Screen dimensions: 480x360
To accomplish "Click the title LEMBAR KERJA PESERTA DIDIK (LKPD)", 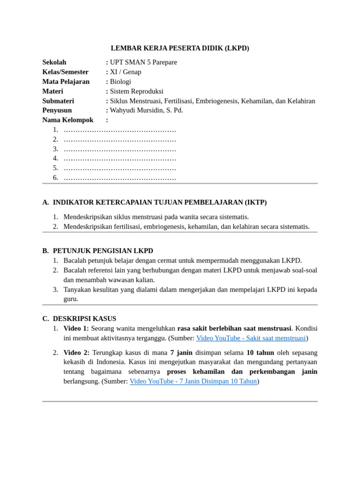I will [180, 48].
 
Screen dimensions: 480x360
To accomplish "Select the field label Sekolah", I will [54, 62].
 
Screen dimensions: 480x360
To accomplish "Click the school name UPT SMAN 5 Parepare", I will [143, 62].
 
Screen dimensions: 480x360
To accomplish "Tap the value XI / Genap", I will [126, 72].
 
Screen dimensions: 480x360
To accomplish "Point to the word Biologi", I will [120, 82].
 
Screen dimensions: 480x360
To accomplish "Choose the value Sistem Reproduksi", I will [136, 91].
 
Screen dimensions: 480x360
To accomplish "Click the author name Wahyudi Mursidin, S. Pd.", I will [146, 111].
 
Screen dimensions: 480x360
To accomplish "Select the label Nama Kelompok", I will [68, 120].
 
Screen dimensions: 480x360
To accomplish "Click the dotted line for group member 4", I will [120, 158].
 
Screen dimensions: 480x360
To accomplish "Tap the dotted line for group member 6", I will [120, 178].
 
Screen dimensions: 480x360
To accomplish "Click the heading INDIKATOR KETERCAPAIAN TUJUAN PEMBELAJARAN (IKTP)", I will [160, 202].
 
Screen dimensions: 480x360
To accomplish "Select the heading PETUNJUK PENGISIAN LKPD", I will [103, 251].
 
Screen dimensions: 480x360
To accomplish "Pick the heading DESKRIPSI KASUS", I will [84, 319].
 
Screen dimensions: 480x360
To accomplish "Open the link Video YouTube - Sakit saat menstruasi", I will [251, 338].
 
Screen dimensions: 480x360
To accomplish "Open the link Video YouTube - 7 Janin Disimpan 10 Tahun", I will [193, 382].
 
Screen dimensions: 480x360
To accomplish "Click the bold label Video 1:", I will [76, 329].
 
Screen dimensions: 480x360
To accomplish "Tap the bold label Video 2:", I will [76, 352].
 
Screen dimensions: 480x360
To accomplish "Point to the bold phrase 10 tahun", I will [260, 352].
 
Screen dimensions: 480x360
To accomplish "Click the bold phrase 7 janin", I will [181, 352].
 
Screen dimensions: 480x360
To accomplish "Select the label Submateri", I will [58, 101].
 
